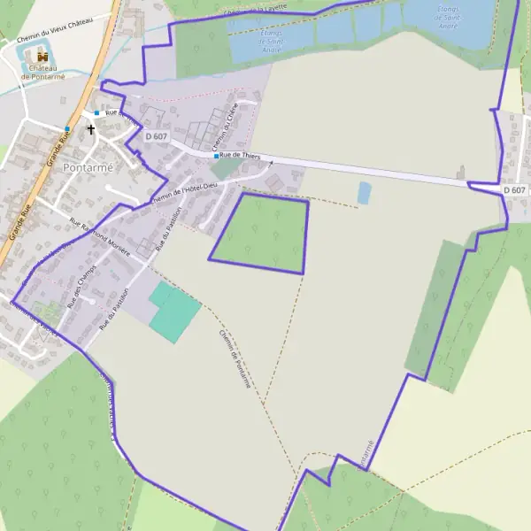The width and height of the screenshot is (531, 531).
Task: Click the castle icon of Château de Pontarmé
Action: [42, 56]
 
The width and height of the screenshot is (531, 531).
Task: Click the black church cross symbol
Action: [90, 129]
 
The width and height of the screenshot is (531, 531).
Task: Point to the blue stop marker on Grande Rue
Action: [66, 129]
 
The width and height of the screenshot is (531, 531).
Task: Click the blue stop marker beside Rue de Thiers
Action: [216, 156]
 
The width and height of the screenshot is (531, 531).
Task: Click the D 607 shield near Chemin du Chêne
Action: [156, 136]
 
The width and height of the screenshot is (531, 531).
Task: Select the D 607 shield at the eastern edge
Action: [514, 190]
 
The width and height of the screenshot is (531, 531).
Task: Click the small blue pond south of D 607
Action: [365, 192]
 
